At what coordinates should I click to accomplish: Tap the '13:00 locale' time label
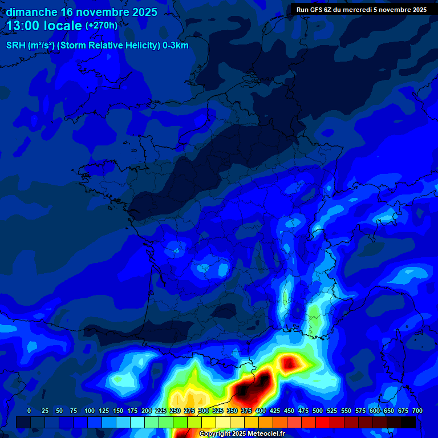(x=44, y=26)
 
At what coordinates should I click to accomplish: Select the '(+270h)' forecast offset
(x=102, y=26)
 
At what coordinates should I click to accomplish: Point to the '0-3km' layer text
(x=176, y=46)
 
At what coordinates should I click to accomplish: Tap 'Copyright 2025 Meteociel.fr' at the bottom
(x=242, y=433)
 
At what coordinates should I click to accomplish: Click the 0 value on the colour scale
(x=29, y=411)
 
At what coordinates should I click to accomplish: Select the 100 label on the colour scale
(x=90, y=411)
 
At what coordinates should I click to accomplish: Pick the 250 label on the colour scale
(x=175, y=411)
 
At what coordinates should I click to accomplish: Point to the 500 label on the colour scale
(x=318, y=411)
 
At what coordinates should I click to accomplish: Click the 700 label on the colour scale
(x=417, y=411)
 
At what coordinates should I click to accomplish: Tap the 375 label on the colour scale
(x=246, y=411)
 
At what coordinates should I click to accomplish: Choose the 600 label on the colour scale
(x=375, y=411)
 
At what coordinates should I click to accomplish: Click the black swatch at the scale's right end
(x=408, y=422)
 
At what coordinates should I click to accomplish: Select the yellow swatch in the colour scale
(x=209, y=422)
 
